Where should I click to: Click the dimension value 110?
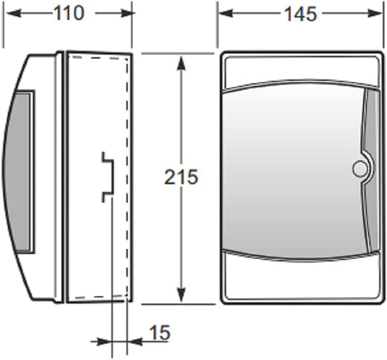pyautogui.click(x=69, y=13)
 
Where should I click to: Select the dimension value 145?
pyautogui.click(x=301, y=13)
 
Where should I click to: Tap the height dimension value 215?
pyautogui.click(x=181, y=177)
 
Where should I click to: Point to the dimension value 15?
pyautogui.click(x=159, y=332)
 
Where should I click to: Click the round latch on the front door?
pyautogui.click(x=359, y=169)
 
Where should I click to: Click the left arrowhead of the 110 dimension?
pyautogui.click(x=10, y=13)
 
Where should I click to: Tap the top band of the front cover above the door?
pyautogui.click(x=301, y=70)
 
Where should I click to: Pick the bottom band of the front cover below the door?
pyautogui.click(x=301, y=279)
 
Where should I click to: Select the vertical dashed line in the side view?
pyautogui.click(x=129, y=174)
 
